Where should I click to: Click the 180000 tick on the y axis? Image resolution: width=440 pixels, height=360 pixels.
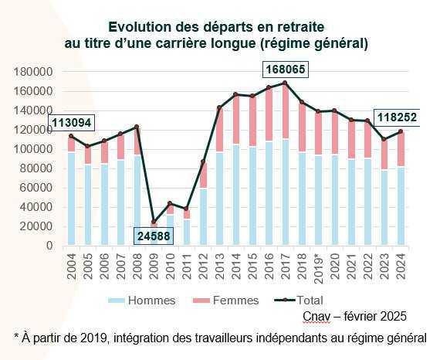33,72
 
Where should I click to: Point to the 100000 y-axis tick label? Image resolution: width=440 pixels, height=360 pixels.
33,149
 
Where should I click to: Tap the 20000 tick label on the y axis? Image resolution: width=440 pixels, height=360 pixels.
36,226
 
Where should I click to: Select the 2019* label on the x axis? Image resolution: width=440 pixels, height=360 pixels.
319,266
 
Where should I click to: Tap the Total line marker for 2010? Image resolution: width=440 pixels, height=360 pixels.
171,204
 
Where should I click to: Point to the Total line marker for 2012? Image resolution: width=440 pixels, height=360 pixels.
203,161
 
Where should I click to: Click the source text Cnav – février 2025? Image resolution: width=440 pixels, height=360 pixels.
356,316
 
